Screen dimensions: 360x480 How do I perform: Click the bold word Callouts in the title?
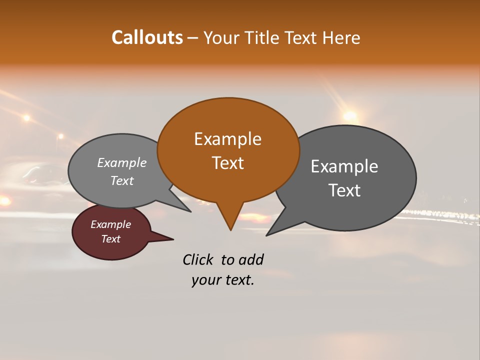coord(147,37)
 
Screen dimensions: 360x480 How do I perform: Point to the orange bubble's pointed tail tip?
coord(230,229)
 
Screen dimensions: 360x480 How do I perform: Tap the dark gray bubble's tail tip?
coord(267,234)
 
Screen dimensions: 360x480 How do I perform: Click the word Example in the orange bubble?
coord(227,139)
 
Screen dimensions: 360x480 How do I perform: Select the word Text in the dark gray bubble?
coord(344,190)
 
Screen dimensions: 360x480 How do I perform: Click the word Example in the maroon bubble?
coord(110,224)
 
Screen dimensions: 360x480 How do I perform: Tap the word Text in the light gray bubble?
coord(122,181)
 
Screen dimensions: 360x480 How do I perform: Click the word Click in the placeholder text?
coord(197,259)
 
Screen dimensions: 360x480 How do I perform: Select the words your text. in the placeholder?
coord(222,280)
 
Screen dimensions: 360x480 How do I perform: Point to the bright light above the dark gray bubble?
coord(350,116)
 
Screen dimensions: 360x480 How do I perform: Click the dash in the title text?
coord(193,38)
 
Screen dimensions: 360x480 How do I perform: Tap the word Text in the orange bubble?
coord(227,163)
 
